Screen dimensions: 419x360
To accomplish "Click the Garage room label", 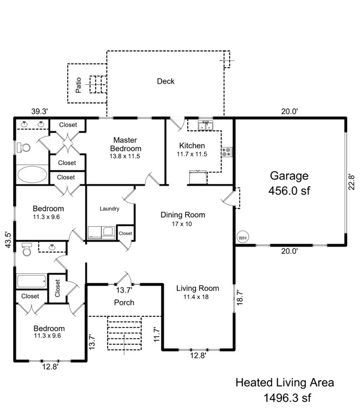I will [289, 176].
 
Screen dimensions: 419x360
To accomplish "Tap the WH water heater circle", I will [242, 237].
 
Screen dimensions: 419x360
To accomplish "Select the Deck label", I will [166, 81].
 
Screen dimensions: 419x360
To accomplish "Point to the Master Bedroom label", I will [125, 144].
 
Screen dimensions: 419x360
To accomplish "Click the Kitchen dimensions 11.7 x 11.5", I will [192, 154].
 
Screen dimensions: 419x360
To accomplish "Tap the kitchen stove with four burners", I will [226, 152].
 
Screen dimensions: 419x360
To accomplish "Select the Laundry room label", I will [110, 209].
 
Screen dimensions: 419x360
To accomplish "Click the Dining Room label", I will [183, 214].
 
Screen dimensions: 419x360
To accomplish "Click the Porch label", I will [124, 303].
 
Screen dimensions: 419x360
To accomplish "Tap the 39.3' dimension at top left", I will [39, 111].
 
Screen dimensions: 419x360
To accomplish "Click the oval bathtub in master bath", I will [32, 175].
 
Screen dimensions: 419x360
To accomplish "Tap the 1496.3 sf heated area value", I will [285, 397].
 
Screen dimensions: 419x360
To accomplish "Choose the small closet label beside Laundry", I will [125, 233].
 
